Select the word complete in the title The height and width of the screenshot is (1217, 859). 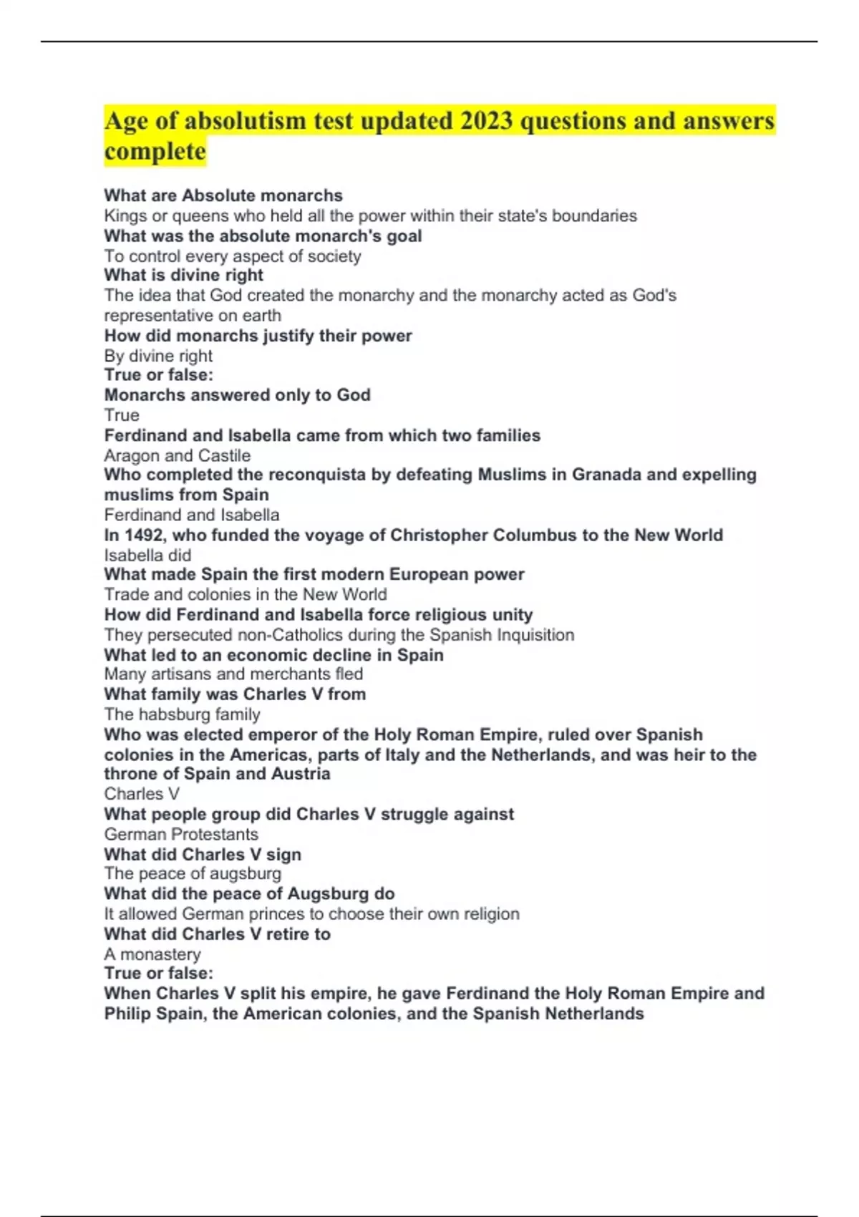[155, 151]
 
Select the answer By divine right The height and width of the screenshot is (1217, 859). [158, 356]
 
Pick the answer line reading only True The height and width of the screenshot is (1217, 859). [122, 415]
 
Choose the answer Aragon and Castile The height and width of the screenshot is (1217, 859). [178, 455]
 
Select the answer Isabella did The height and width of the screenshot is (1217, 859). [147, 555]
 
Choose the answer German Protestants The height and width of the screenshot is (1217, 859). [181, 834]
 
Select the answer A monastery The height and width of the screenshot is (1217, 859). [152, 954]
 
